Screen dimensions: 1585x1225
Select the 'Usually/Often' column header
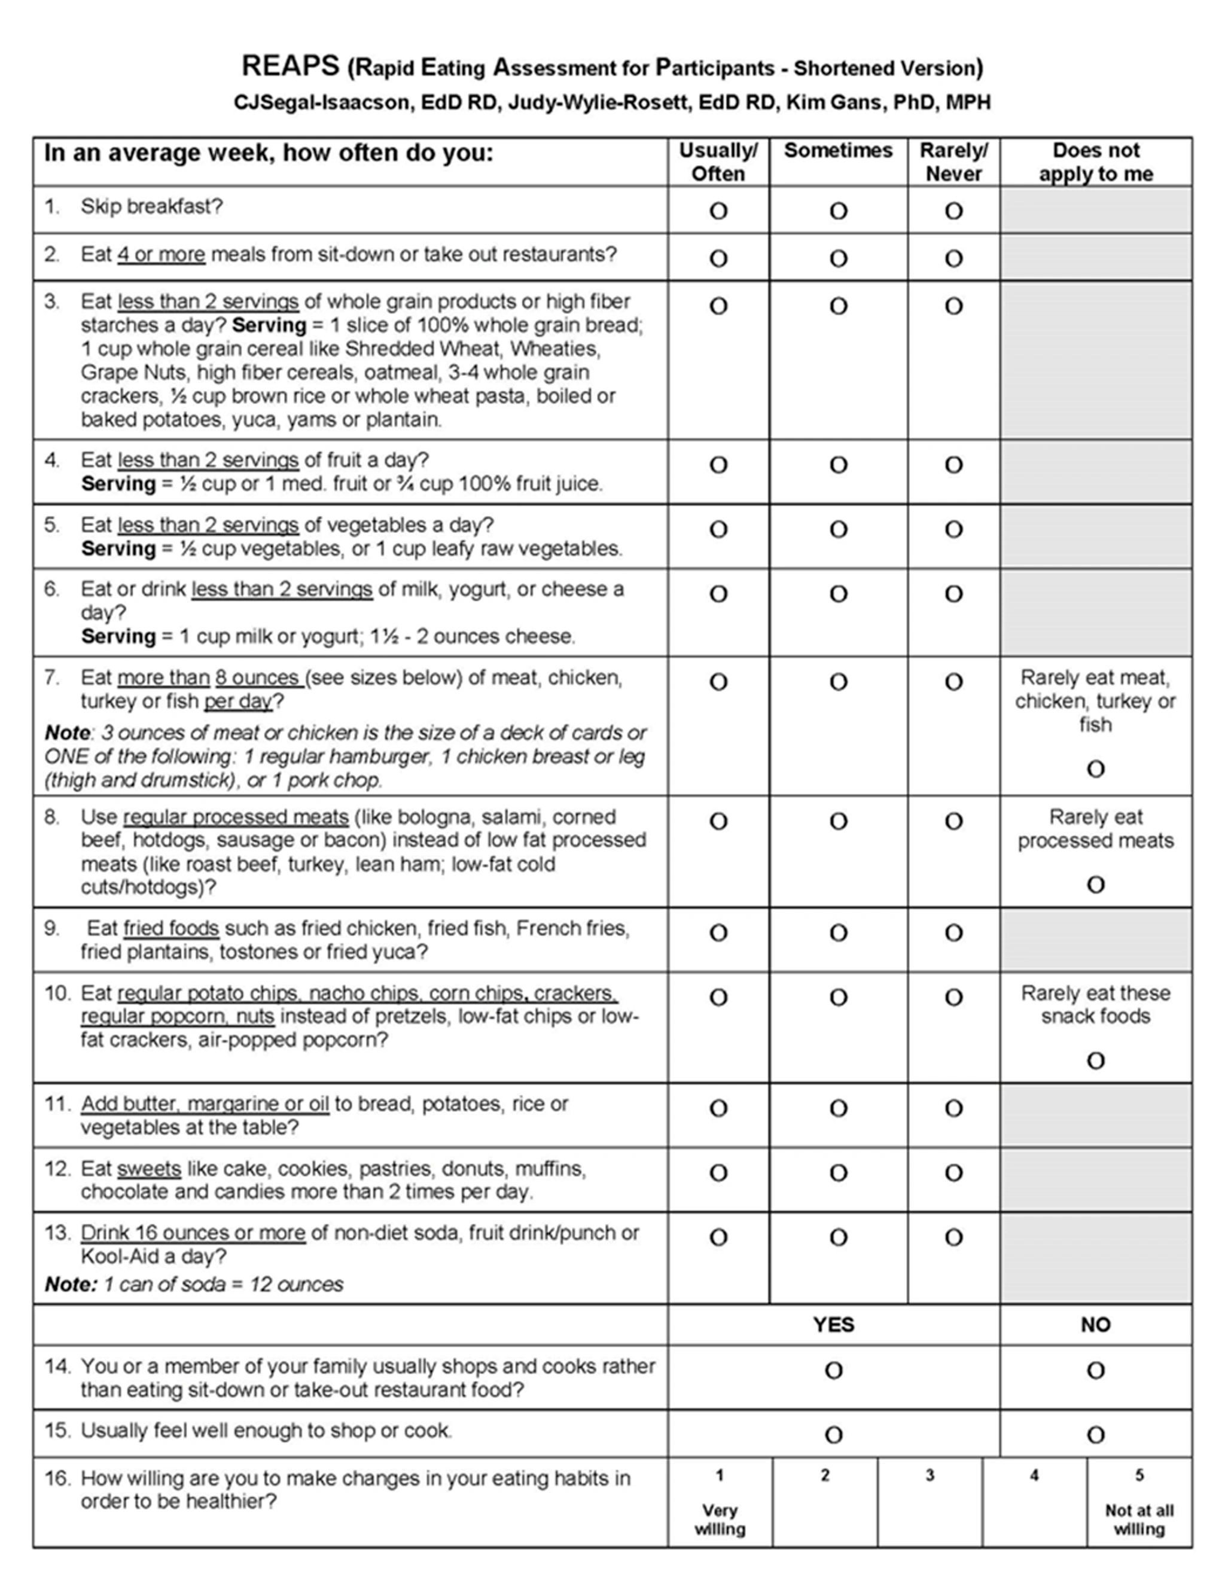tap(718, 162)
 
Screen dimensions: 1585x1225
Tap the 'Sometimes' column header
tap(838, 151)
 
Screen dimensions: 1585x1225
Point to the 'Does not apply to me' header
tap(1096, 162)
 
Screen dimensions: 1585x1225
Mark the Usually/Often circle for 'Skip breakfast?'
tap(718, 211)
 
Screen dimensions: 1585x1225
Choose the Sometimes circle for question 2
tap(838, 259)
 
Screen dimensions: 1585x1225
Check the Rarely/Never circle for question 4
tap(953, 465)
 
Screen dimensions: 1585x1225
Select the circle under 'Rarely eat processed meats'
tap(1096, 885)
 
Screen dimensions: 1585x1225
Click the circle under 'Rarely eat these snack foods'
tap(1096, 1061)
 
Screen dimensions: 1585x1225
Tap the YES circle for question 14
tap(834, 1370)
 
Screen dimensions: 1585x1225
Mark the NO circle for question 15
tap(1096, 1435)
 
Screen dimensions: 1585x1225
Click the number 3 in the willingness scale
tap(930, 1476)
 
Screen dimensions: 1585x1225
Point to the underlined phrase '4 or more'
tap(161, 255)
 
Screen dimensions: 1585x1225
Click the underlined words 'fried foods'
tap(171, 929)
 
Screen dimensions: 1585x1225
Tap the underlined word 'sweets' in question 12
tap(149, 1169)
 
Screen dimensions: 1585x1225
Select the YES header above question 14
tap(834, 1325)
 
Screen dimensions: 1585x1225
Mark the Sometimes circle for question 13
tap(838, 1237)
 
